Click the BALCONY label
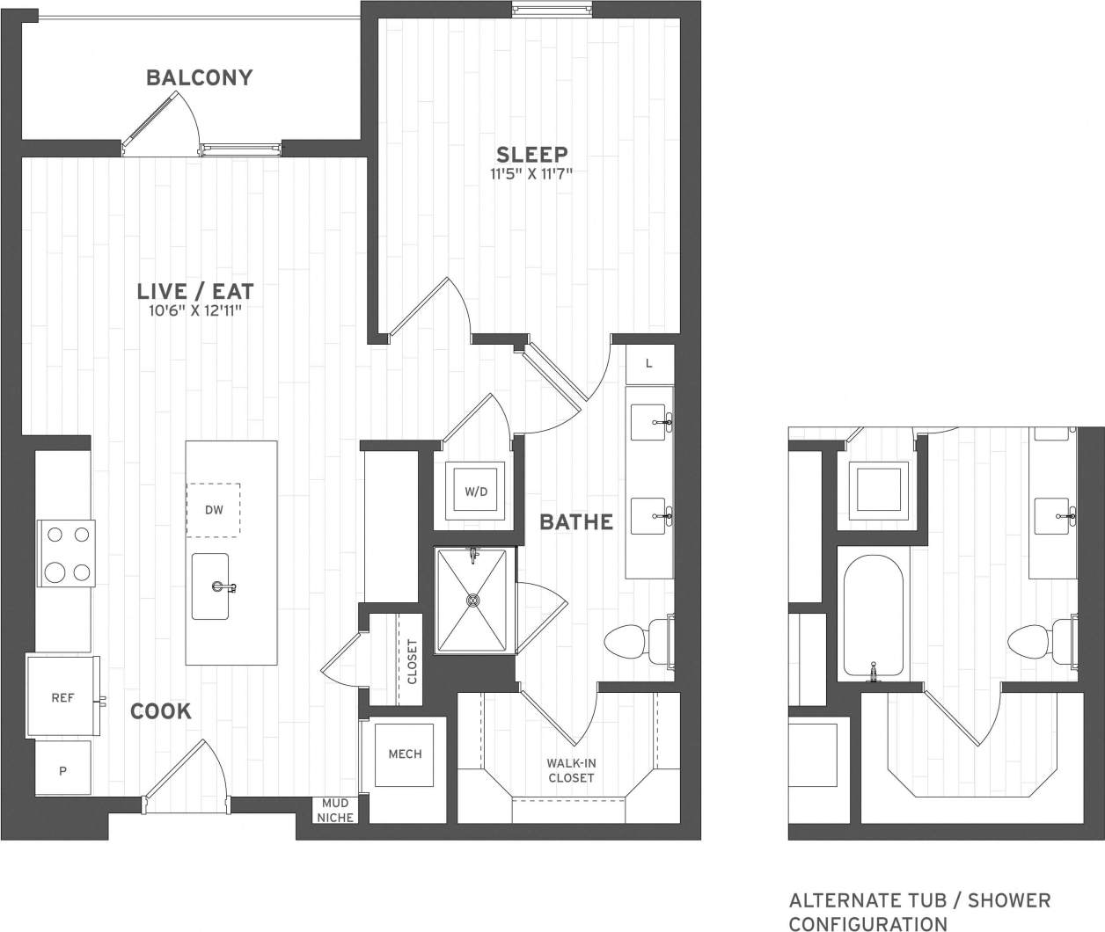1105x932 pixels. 200,77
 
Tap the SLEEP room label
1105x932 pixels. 532,154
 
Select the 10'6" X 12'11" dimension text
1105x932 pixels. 195,310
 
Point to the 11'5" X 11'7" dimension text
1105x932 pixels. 532,174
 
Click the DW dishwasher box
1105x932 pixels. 213,510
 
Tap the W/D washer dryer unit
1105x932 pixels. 476,492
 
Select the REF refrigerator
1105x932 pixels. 62,698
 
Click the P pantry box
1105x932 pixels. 62,770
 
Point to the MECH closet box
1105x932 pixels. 405,754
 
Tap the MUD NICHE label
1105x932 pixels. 335,811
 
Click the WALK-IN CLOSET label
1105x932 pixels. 570,771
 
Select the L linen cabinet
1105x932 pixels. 649,364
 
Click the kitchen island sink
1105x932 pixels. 211,586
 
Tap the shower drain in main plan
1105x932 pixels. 473,601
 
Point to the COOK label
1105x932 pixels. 161,711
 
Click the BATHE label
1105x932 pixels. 576,522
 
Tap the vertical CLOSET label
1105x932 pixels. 412,661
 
